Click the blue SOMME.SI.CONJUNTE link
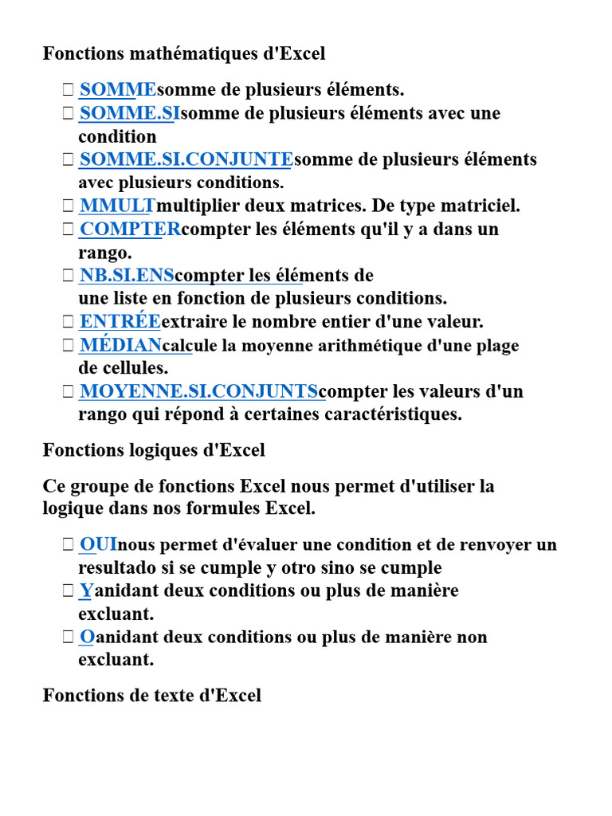tap(186, 159)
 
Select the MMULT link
tap(117, 206)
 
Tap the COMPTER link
tap(130, 229)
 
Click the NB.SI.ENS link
tap(127, 276)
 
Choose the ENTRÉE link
tap(120, 322)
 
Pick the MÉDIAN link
tap(120, 346)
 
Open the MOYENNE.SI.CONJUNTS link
tap(198, 392)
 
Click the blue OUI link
tap(98, 545)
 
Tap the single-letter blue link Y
tap(85, 591)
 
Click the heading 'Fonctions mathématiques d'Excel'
tap(184, 53)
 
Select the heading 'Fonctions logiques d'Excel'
tap(154, 450)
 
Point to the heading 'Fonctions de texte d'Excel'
tap(152, 696)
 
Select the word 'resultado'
tap(116, 568)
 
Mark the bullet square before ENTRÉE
tap(68, 323)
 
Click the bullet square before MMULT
tap(68, 206)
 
